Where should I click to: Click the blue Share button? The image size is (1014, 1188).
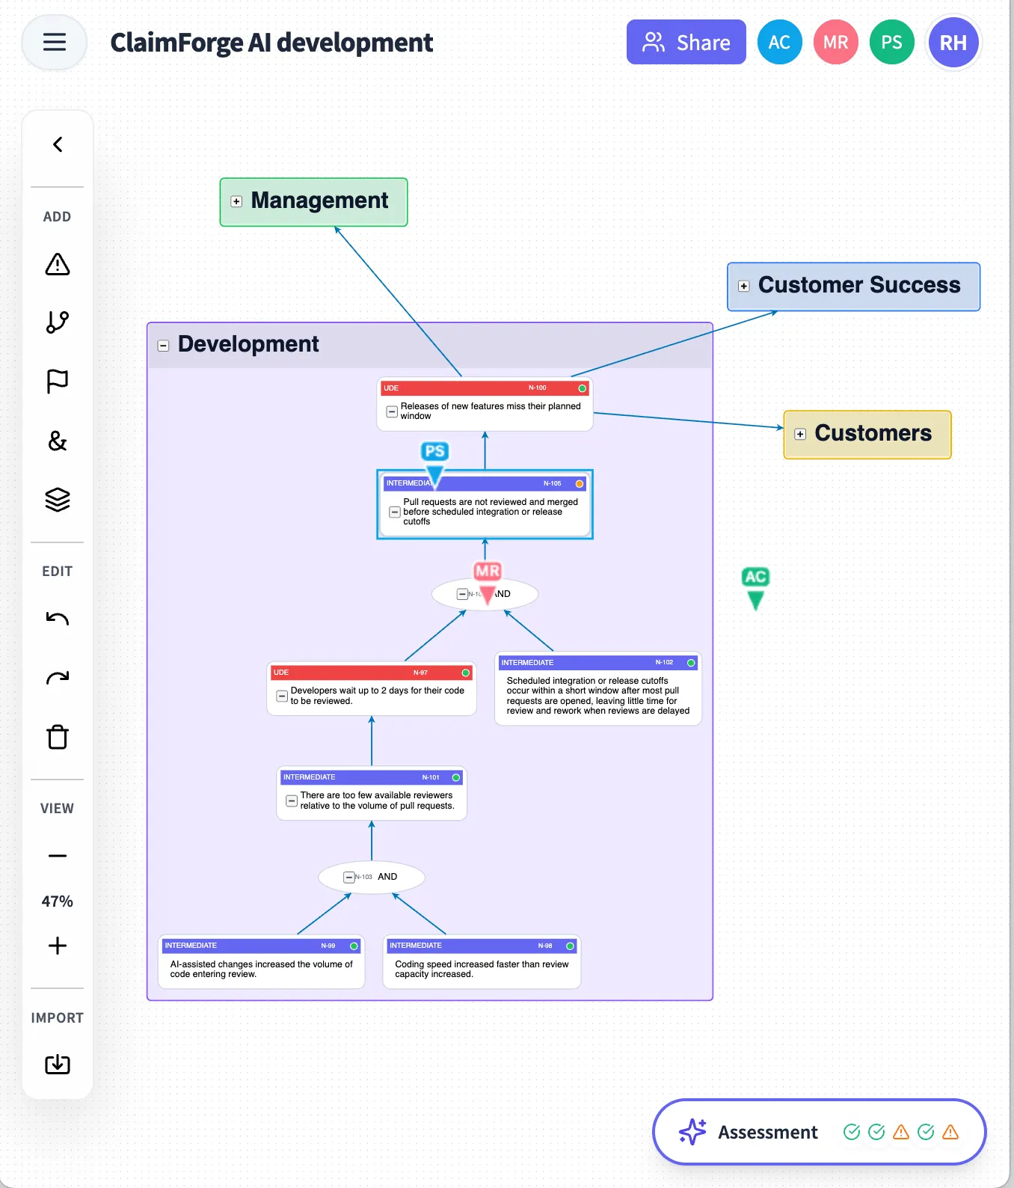686,42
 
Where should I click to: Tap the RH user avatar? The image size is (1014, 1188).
953,43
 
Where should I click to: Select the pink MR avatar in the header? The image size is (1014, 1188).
835,43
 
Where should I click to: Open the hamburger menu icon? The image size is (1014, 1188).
55,42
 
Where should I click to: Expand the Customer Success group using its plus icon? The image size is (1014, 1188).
743,286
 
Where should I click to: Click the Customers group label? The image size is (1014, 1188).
873,433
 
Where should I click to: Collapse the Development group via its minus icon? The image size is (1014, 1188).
163,346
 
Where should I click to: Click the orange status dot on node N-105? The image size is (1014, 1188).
579,484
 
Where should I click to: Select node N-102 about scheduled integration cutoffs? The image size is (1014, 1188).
597,695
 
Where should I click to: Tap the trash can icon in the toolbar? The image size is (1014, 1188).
58,737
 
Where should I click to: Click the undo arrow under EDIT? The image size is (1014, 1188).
58,619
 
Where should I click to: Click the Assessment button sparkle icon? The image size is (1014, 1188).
692,1132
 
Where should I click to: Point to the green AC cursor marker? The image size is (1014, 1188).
755,587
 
